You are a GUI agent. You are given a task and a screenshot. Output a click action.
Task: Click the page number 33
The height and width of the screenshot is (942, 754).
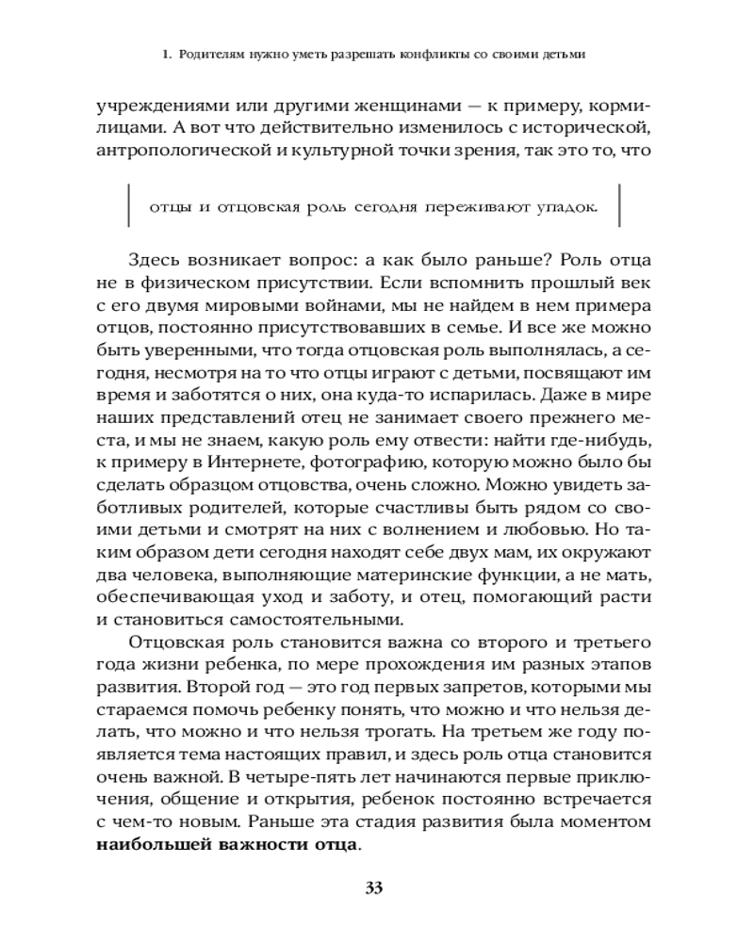pyautogui.click(x=376, y=887)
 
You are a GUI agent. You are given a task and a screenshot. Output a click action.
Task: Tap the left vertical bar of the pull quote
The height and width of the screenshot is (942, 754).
pyautogui.click(x=127, y=208)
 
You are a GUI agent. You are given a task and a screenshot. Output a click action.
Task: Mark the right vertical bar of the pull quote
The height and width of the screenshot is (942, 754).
pyautogui.click(x=619, y=208)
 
